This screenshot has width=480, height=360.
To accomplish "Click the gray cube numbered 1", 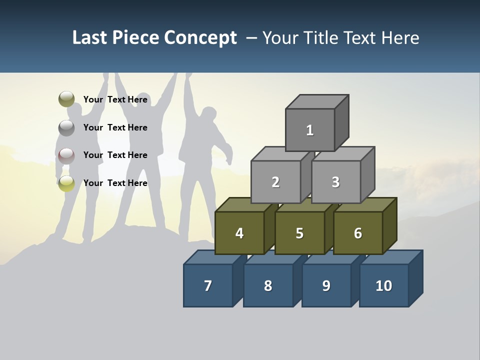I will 310,130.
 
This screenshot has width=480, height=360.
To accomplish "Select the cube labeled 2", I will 275,182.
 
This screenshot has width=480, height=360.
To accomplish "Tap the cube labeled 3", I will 335,182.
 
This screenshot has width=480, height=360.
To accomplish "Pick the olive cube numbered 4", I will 239,233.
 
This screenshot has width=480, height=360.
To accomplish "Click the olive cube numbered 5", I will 299,233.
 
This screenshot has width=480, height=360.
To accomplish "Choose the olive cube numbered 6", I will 358,233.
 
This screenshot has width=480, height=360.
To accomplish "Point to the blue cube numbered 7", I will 208,285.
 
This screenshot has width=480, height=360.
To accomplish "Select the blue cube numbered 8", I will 268,285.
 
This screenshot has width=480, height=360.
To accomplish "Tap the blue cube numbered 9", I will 326,285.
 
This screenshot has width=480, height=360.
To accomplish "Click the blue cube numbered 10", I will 384,285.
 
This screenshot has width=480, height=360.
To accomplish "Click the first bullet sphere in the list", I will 66,99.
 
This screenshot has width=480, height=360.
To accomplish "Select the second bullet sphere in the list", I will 66,127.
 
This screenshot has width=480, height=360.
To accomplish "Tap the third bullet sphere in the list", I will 66,155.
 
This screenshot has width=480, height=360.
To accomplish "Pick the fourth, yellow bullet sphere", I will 66,183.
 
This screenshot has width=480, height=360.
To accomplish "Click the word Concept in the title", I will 200,38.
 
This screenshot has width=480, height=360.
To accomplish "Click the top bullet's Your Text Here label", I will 115,99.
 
